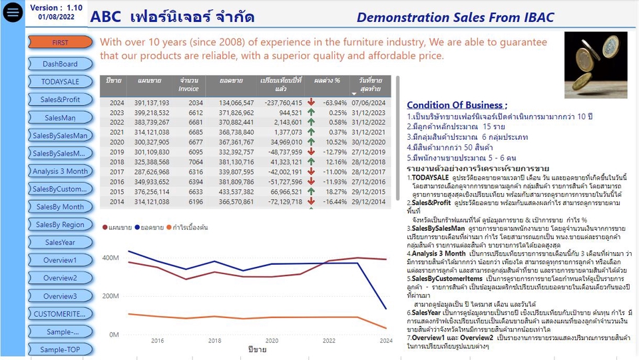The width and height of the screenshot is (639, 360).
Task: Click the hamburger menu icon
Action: point(12,13)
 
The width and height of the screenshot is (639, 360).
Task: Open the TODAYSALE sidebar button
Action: point(60,82)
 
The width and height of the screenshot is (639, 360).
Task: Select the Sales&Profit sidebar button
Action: point(60,100)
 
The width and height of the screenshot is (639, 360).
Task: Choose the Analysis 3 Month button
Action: point(60,171)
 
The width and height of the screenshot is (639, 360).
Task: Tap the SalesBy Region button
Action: point(60,225)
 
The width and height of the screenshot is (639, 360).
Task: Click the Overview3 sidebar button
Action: point(60,296)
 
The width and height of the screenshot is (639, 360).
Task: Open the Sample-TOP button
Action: point(60,349)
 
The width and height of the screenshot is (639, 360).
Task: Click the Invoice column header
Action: point(188,85)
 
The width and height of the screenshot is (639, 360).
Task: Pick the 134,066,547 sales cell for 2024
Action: point(236,103)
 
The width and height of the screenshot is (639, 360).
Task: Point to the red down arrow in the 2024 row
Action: point(312,102)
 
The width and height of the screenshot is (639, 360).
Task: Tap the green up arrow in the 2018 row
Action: point(312,162)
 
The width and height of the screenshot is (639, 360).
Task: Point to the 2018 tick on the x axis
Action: point(215,341)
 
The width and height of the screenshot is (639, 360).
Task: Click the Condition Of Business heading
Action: point(457,105)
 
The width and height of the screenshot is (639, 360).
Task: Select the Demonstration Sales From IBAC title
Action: point(455,18)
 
